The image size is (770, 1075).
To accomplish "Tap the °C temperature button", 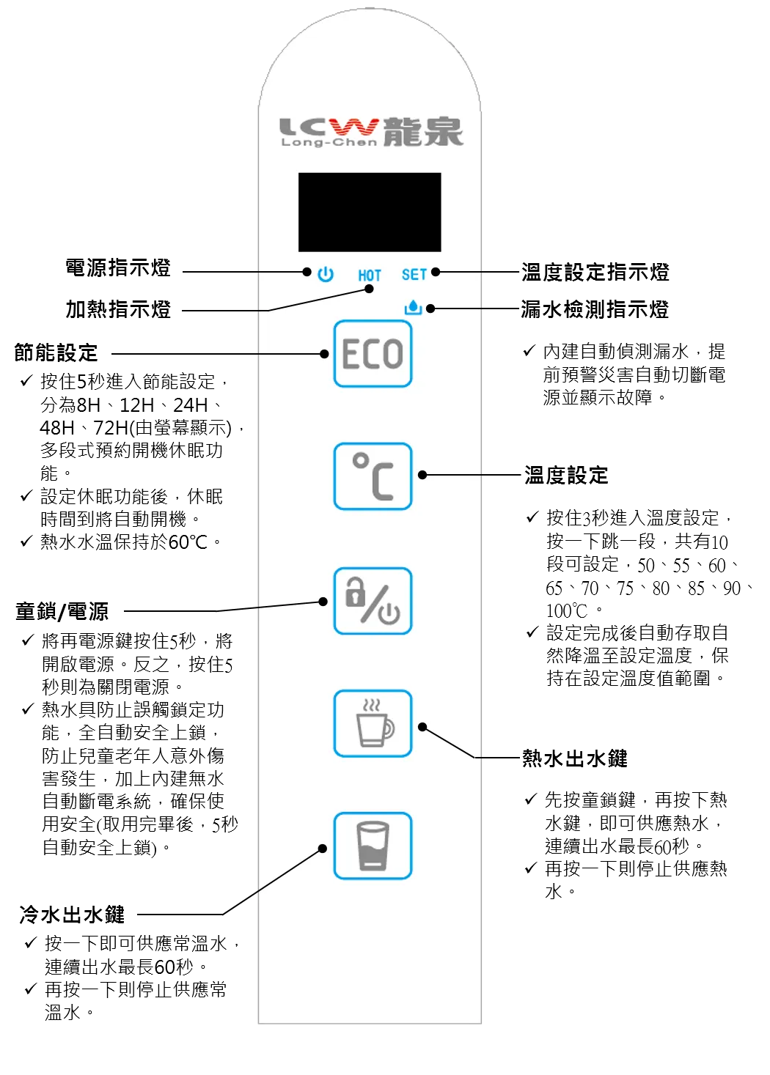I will coord(373,476).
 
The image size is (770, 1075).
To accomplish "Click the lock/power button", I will coord(373,601).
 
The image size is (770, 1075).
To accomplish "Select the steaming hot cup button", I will coord(373,723).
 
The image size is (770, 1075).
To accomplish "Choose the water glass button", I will coord(373,846).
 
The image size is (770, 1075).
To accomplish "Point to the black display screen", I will coord(370,213).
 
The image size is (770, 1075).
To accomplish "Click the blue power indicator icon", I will coord(326,274).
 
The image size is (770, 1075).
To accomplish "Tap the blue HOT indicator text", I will coord(370,275).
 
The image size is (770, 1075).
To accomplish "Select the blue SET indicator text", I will coord(414,274).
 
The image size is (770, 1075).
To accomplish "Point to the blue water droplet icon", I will coord(414,307).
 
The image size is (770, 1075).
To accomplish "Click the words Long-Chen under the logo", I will coord(329,142).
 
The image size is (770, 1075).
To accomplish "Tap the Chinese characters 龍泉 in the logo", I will coord(424,132).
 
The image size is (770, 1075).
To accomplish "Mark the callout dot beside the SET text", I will coord(436,272).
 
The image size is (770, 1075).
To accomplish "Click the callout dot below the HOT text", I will coord(369,289).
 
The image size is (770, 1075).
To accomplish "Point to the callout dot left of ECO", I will coord(324,354).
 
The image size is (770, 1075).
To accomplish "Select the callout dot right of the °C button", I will coord(422,475).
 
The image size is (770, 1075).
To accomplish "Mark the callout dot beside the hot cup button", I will coord(422,727).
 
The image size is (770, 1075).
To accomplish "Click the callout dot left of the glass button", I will coord(322,849).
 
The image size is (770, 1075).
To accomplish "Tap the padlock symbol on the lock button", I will coord(355,592).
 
